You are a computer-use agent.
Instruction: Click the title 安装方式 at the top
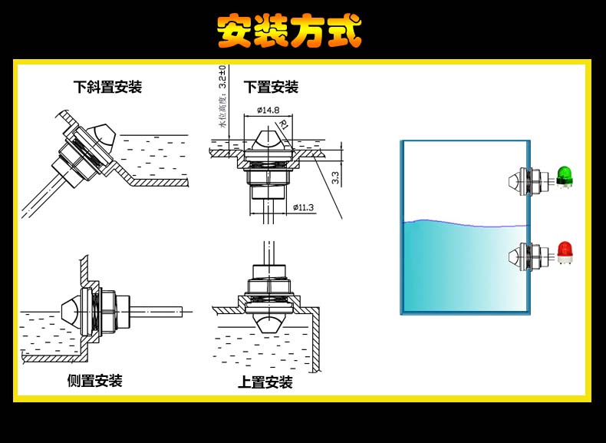pyautogui.click(x=289, y=31)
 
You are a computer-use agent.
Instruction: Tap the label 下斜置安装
pyautogui.click(x=107, y=87)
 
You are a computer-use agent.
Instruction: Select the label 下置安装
pyautogui.click(x=271, y=87)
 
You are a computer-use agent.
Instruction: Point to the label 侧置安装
pyautogui.click(x=94, y=381)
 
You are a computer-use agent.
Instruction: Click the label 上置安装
pyautogui.click(x=265, y=382)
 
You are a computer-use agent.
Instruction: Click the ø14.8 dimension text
pyautogui.click(x=268, y=110)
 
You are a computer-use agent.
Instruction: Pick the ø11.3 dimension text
pyautogui.click(x=303, y=207)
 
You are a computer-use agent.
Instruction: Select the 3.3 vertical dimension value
pyautogui.click(x=334, y=178)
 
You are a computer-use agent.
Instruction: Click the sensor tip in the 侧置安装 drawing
pyautogui.click(x=70, y=311)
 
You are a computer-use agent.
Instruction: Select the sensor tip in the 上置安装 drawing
pyautogui.click(x=267, y=323)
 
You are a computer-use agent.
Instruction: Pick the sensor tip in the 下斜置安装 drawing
pyautogui.click(x=103, y=137)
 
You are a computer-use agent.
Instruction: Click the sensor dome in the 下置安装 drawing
pyautogui.click(x=267, y=140)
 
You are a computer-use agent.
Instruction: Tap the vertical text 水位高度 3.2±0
pyautogui.click(x=222, y=97)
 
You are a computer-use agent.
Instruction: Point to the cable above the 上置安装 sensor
pyautogui.click(x=268, y=253)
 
